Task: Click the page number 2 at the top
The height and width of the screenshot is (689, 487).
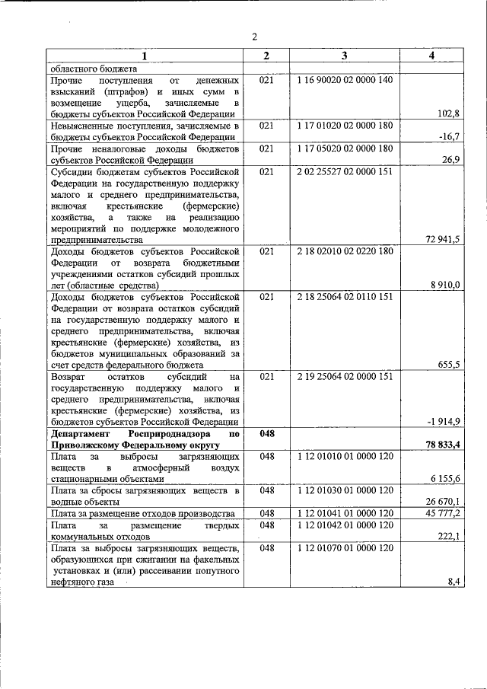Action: pyautogui.click(x=256, y=37)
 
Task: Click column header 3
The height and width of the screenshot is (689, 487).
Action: pyautogui.click(x=345, y=56)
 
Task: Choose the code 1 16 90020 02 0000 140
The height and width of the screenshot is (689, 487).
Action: pyautogui.click(x=345, y=79)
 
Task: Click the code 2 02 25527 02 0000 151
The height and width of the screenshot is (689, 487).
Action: pyautogui.click(x=345, y=171)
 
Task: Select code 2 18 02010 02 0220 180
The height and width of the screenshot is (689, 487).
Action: pyautogui.click(x=345, y=251)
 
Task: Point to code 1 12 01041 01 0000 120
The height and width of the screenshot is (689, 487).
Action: pyautogui.click(x=345, y=514)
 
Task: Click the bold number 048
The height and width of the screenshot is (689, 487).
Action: pyautogui.click(x=266, y=433)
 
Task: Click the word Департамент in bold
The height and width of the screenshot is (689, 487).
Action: pyautogui.click(x=84, y=433)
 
